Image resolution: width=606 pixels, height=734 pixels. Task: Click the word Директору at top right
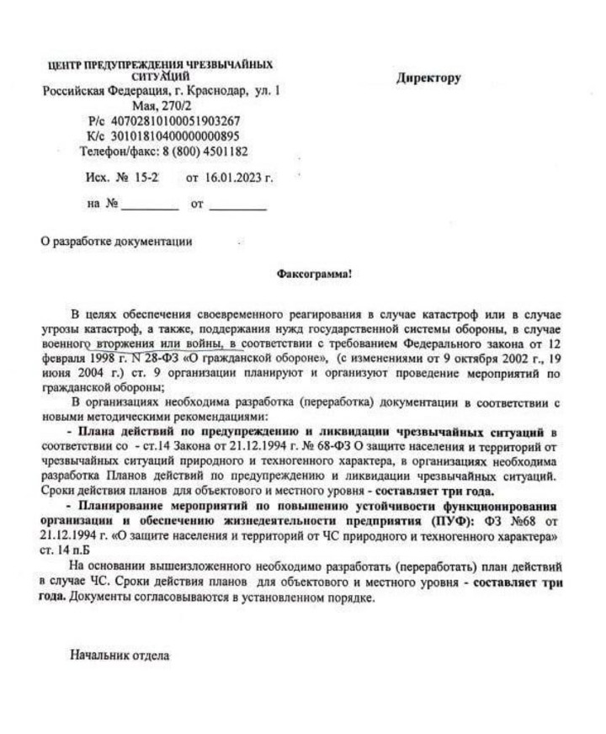(428, 78)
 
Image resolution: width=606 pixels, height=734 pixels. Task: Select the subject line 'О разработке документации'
(117, 242)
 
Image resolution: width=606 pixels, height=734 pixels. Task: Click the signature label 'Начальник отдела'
(120, 652)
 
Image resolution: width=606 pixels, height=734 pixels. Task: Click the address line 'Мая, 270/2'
(162, 106)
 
